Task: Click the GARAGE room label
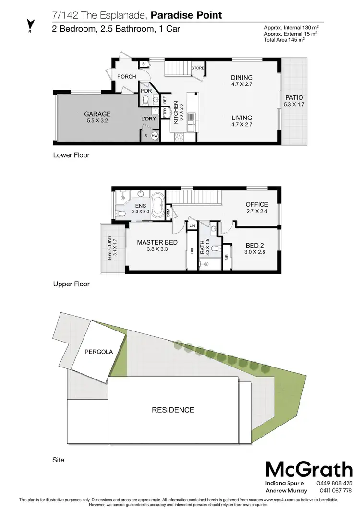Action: [97, 114]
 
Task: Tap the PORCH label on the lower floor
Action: [127, 77]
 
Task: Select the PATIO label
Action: [294, 97]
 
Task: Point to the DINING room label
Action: [241, 78]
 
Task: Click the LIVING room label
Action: [241, 118]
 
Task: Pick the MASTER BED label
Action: [157, 242]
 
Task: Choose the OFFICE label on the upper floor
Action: [257, 205]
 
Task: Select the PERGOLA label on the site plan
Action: [98, 352]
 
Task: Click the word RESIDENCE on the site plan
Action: [173, 410]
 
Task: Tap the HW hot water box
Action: [155, 136]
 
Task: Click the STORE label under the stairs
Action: [198, 68]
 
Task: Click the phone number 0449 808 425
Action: [335, 483]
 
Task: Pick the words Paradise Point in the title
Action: [186, 15]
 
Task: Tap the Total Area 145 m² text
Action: [285, 39]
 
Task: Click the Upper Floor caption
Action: [71, 284]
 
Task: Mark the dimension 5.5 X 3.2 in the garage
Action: [97, 121]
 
